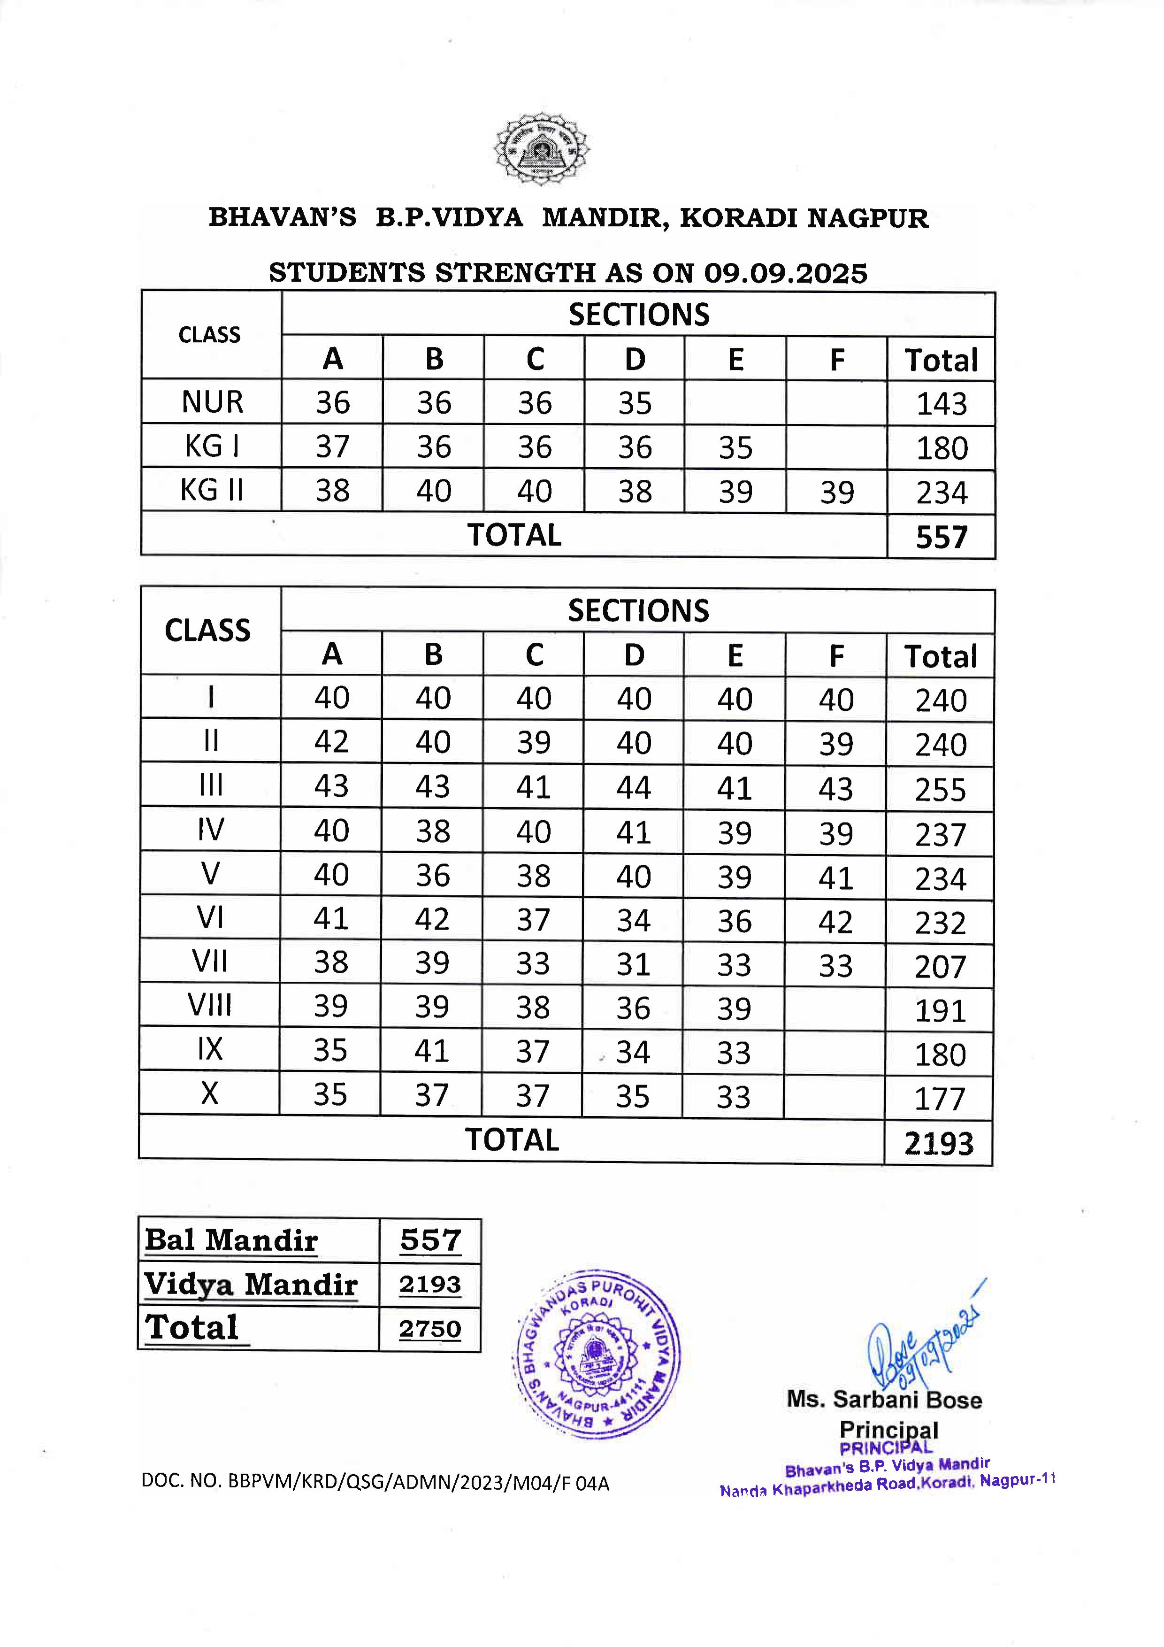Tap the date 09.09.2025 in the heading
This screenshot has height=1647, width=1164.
pos(785,273)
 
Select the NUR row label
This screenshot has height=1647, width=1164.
pos(212,402)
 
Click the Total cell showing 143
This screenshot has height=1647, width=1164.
pos(942,404)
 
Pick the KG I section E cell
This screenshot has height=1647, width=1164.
pos(735,447)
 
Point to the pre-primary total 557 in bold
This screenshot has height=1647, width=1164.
pos(942,537)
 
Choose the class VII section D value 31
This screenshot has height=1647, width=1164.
pos(633,964)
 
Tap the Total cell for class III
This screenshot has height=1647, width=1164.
pos(940,790)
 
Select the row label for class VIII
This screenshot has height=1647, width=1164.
pos(209,1006)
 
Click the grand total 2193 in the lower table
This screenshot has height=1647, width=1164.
pos(939,1143)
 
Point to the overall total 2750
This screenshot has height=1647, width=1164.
pos(429,1329)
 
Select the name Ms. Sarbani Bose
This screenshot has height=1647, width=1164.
pos(884,1400)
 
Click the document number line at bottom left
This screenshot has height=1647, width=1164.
pos(375,1483)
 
